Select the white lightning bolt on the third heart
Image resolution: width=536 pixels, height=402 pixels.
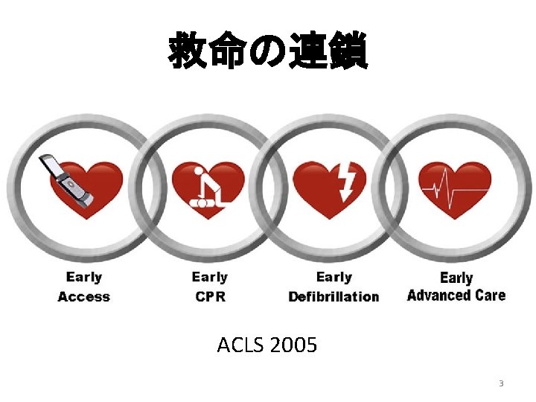347,181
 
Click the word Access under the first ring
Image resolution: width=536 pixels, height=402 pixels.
83,297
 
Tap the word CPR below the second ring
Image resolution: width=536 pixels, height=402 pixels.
209,297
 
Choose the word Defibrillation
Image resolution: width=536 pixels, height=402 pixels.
334,297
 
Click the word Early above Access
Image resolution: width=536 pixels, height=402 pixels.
83,277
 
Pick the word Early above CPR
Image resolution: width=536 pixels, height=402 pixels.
209,277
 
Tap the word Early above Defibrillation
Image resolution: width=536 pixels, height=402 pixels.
334,277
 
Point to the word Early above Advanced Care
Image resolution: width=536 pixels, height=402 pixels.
456,277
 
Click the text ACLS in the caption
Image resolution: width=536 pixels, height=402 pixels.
237,345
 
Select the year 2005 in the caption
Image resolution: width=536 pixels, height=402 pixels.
293,345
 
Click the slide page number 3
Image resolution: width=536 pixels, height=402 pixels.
501,384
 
